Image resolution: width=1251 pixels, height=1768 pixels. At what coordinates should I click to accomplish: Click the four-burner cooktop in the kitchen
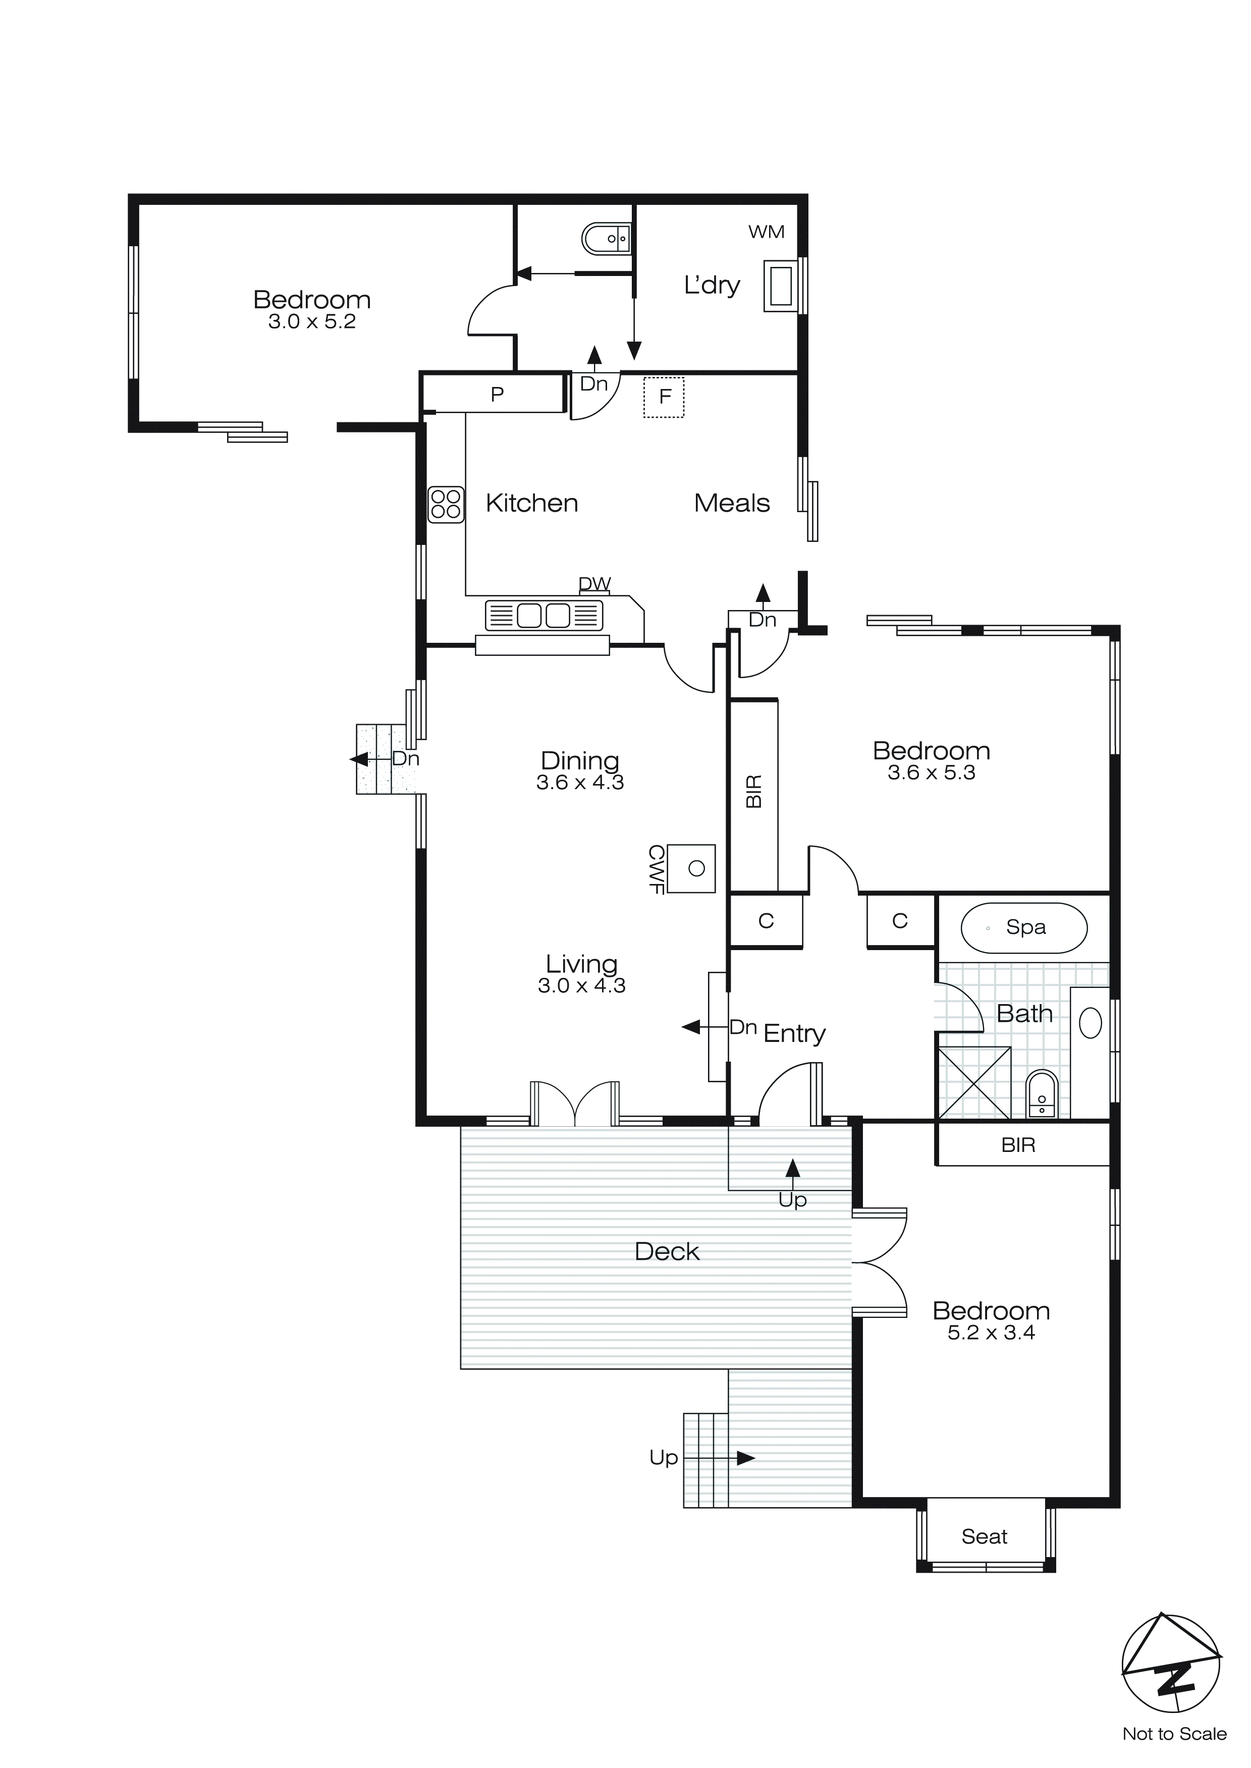[446, 505]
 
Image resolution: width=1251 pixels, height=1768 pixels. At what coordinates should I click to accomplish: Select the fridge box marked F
[664, 397]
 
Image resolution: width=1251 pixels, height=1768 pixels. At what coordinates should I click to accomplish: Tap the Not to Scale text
[1173, 1733]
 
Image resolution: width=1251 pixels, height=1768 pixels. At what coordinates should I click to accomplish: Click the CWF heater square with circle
[691, 868]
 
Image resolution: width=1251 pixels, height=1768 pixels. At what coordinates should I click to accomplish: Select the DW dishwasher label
[594, 584]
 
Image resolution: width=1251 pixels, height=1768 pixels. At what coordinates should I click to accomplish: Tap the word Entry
[794, 1033]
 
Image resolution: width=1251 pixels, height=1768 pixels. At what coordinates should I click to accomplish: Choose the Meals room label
[731, 503]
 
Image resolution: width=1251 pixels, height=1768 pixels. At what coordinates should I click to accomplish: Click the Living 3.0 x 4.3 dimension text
[581, 985]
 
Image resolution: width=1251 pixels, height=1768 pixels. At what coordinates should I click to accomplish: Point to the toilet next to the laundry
[606, 239]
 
